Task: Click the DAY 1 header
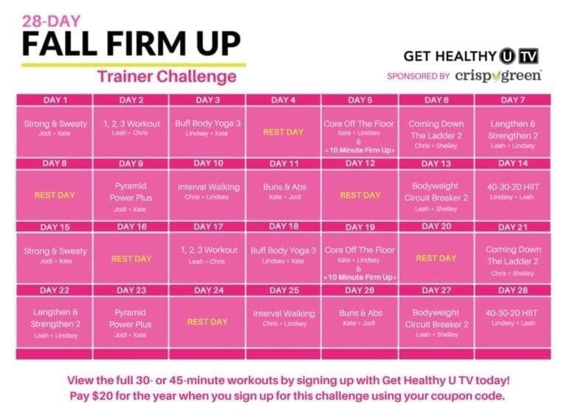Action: point(55,100)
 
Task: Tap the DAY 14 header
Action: point(513,163)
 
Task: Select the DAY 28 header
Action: point(513,290)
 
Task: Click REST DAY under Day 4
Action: point(283,132)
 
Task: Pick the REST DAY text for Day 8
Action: point(55,195)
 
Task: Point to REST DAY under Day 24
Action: point(207,321)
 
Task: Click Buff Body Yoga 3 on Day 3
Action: point(207,124)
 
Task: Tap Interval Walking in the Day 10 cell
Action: point(207,187)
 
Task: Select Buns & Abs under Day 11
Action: point(283,187)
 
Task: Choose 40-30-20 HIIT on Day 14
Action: point(513,187)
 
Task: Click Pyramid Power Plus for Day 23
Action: point(131,318)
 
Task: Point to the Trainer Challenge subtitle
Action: point(166,76)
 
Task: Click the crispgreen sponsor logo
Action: point(499,75)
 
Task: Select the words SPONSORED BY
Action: point(419,76)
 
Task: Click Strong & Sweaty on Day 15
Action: point(55,251)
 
